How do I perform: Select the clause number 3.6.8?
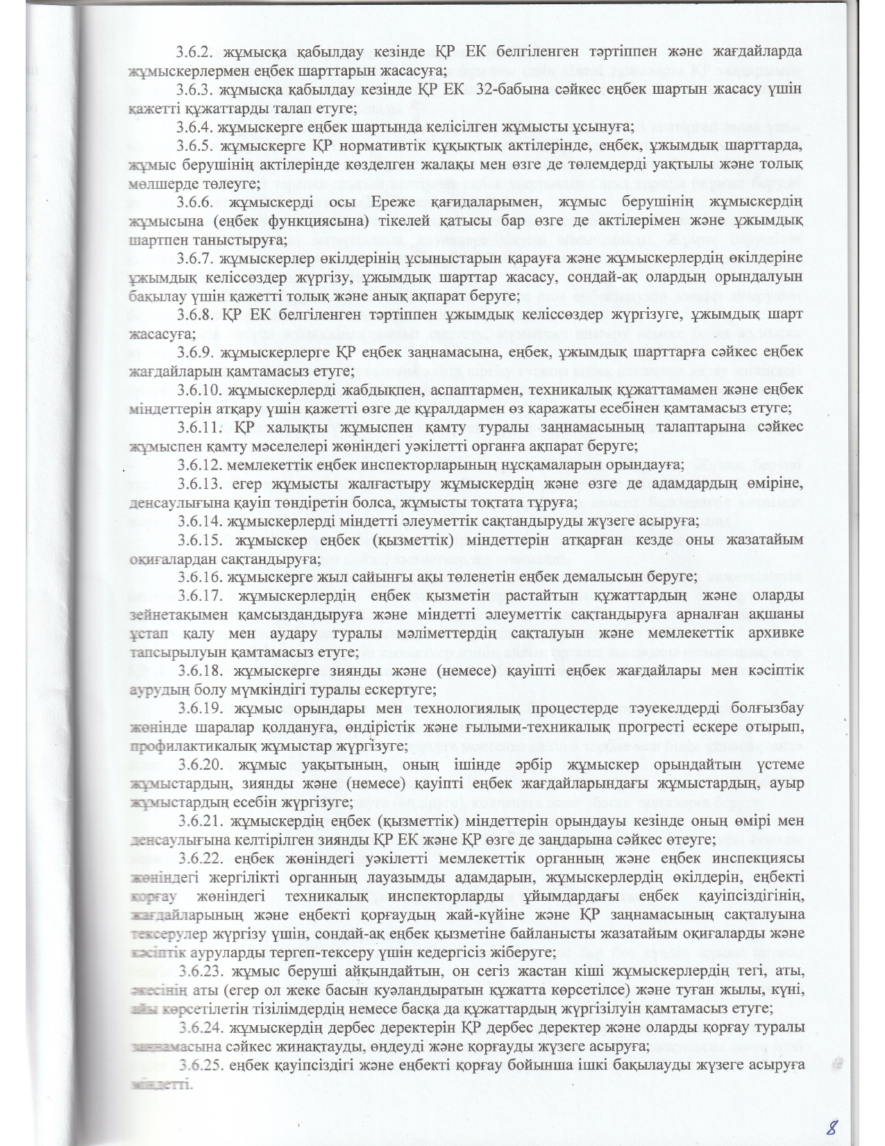pyautogui.click(x=196, y=315)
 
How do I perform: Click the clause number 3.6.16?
pyautogui.click(x=200, y=576)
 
